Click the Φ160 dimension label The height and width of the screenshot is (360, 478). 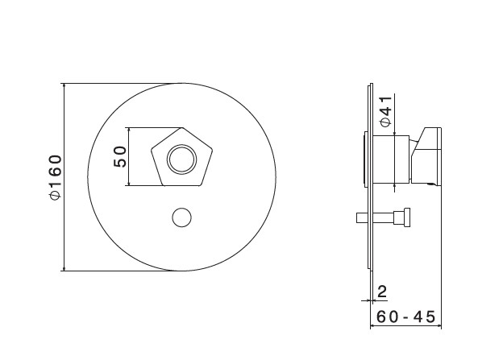click(56, 177)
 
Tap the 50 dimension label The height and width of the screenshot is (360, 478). click(120, 156)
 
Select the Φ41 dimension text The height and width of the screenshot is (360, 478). click(385, 111)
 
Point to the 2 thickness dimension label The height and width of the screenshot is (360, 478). click(382, 292)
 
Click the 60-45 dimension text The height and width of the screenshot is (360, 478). click(405, 317)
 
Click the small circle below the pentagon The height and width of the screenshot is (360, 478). click(181, 217)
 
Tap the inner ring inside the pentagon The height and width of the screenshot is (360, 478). click(181, 159)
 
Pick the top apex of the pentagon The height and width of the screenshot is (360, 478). click(182, 128)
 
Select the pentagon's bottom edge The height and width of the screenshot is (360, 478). click(181, 185)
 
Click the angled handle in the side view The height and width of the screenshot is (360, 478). click(426, 155)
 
